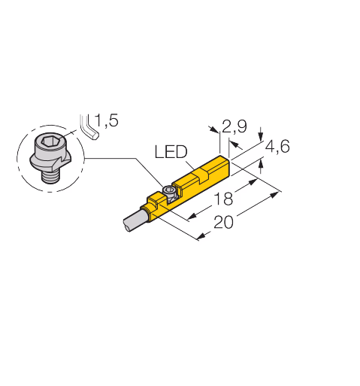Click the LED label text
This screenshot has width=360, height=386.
pos(171,152)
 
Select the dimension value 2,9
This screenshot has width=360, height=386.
pos(234,126)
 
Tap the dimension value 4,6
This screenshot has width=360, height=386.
pos(277,147)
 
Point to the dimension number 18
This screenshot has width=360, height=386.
pos(224,199)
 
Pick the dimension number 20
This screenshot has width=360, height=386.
pos(223,222)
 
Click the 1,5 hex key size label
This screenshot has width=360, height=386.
pos(106,120)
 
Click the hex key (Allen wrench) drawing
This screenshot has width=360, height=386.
pos(89,127)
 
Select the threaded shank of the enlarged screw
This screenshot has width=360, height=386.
pos(50,176)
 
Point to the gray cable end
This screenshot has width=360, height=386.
pos(133,220)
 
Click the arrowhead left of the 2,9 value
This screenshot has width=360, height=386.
pos(213,129)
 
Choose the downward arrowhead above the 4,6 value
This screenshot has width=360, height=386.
pos(261,136)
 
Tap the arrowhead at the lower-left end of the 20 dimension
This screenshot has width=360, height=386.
pos(201,236)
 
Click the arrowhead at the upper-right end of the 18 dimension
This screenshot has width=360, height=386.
pos(253,181)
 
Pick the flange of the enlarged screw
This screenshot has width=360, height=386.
pos(50,161)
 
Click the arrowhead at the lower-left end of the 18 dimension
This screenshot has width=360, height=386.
pos(192,217)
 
